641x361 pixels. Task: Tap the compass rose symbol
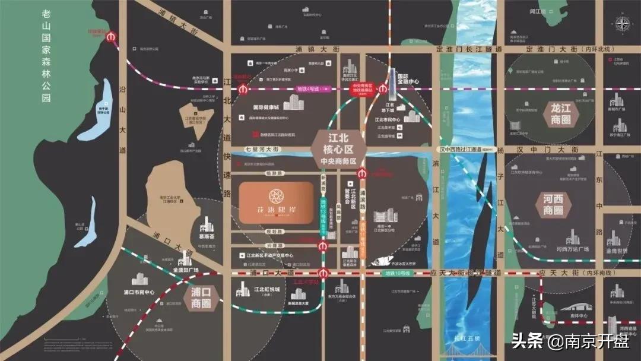[623, 24]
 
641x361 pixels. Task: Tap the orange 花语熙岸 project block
[276, 202]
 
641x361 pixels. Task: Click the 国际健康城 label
[259, 108]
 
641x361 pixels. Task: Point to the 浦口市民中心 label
[138, 292]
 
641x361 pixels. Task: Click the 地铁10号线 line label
[395, 273]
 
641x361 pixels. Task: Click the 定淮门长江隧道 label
[469, 49]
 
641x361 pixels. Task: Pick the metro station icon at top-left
[110, 37]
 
